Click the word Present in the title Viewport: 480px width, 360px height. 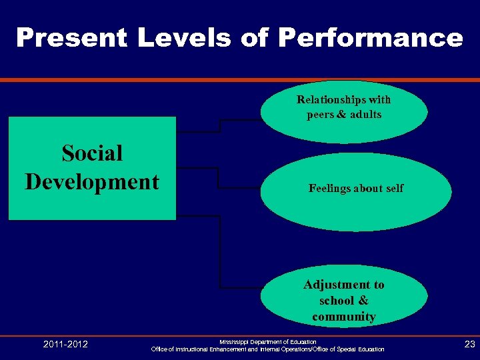(71, 38)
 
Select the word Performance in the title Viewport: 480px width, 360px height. (370, 38)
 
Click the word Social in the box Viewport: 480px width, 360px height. (92, 153)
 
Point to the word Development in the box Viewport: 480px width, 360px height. (92, 181)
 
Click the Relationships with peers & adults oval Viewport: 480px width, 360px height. (344, 111)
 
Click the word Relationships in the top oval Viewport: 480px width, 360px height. (329, 100)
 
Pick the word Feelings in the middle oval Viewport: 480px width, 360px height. (329, 189)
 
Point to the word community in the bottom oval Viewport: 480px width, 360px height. (344, 317)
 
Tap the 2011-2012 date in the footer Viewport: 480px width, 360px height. (65, 344)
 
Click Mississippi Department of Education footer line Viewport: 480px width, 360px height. (268, 341)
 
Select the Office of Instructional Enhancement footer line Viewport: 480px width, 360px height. (268, 349)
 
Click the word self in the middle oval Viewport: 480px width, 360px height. (393, 189)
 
